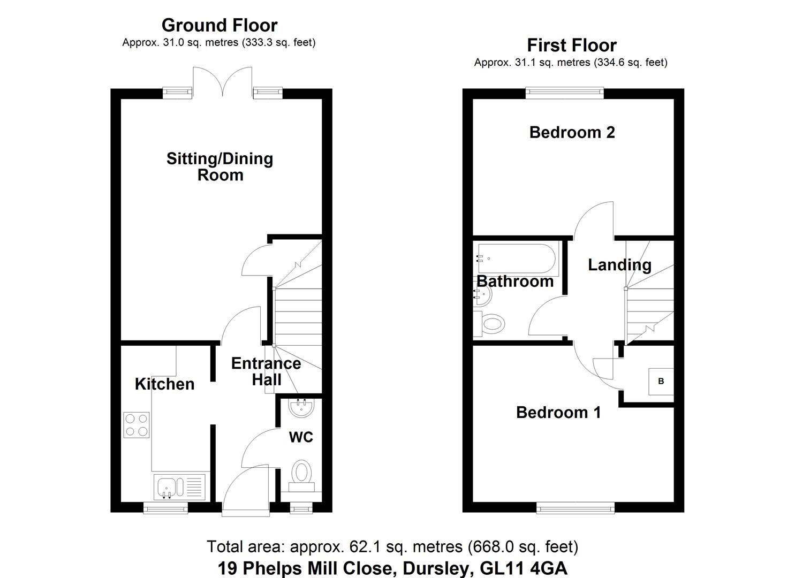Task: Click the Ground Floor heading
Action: pyautogui.click(x=219, y=25)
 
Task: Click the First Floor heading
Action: pyautogui.click(x=571, y=45)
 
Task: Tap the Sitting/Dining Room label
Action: pyautogui.click(x=219, y=166)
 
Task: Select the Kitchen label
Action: pyautogui.click(x=164, y=384)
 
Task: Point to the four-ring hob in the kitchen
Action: pyautogui.click(x=137, y=424)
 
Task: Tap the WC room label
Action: pyautogui.click(x=301, y=437)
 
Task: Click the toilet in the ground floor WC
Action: pyautogui.click(x=301, y=475)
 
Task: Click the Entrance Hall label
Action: pyautogui.click(x=266, y=371)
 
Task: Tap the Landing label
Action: pyautogui.click(x=619, y=264)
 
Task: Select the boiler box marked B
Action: pyautogui.click(x=661, y=381)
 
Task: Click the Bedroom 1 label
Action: pyautogui.click(x=558, y=412)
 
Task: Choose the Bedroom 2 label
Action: pyautogui.click(x=572, y=132)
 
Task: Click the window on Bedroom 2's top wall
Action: pyautogui.click(x=565, y=93)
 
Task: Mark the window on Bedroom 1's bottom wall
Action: pyautogui.click(x=576, y=507)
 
